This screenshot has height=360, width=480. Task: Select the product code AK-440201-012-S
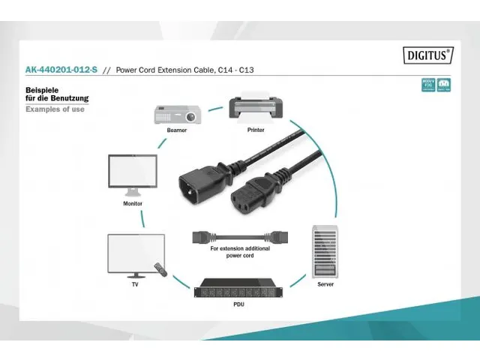click(x=61, y=70)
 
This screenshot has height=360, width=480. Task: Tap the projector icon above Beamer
click(x=177, y=115)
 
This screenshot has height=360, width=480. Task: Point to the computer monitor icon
click(x=133, y=175)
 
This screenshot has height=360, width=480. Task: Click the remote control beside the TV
click(x=158, y=268)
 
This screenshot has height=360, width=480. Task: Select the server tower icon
click(x=325, y=251)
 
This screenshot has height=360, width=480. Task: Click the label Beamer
click(x=177, y=130)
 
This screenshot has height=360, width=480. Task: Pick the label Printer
click(x=256, y=130)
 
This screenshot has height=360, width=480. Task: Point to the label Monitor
click(x=133, y=203)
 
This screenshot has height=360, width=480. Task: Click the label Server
click(x=325, y=284)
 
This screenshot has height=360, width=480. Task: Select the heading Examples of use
click(x=55, y=109)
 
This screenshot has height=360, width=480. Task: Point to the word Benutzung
click(x=71, y=98)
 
